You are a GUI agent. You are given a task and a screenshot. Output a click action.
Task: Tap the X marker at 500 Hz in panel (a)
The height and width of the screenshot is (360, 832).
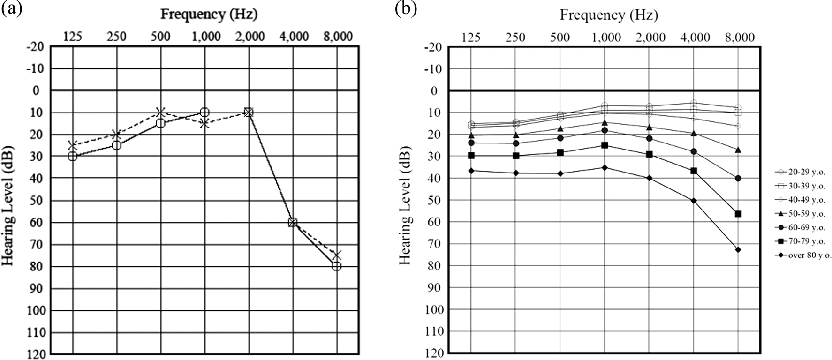click(161, 112)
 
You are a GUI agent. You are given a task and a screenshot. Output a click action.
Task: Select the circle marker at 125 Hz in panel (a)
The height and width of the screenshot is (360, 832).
click(73, 156)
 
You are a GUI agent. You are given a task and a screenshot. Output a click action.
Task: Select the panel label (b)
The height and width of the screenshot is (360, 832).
click(406, 10)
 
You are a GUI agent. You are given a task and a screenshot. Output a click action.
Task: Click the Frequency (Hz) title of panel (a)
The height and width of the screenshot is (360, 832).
click(209, 14)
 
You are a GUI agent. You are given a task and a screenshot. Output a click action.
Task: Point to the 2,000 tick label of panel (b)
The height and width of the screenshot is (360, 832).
click(650, 37)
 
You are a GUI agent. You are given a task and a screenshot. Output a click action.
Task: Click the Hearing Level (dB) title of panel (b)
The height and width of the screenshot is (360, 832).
click(405, 208)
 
